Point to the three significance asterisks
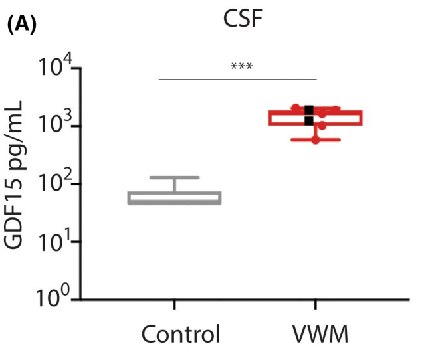(x=241, y=66)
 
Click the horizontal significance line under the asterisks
(x=238, y=79)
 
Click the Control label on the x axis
(x=181, y=334)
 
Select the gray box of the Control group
(x=175, y=198)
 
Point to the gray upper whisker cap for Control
(x=175, y=177)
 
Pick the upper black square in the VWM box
(x=309, y=110)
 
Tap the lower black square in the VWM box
(x=309, y=120)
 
